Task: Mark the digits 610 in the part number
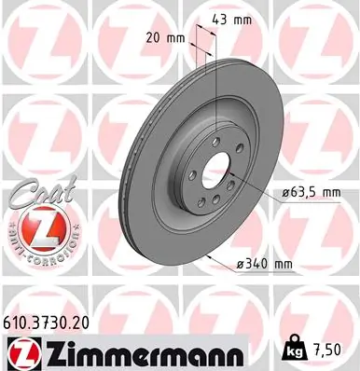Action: (20, 320)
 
